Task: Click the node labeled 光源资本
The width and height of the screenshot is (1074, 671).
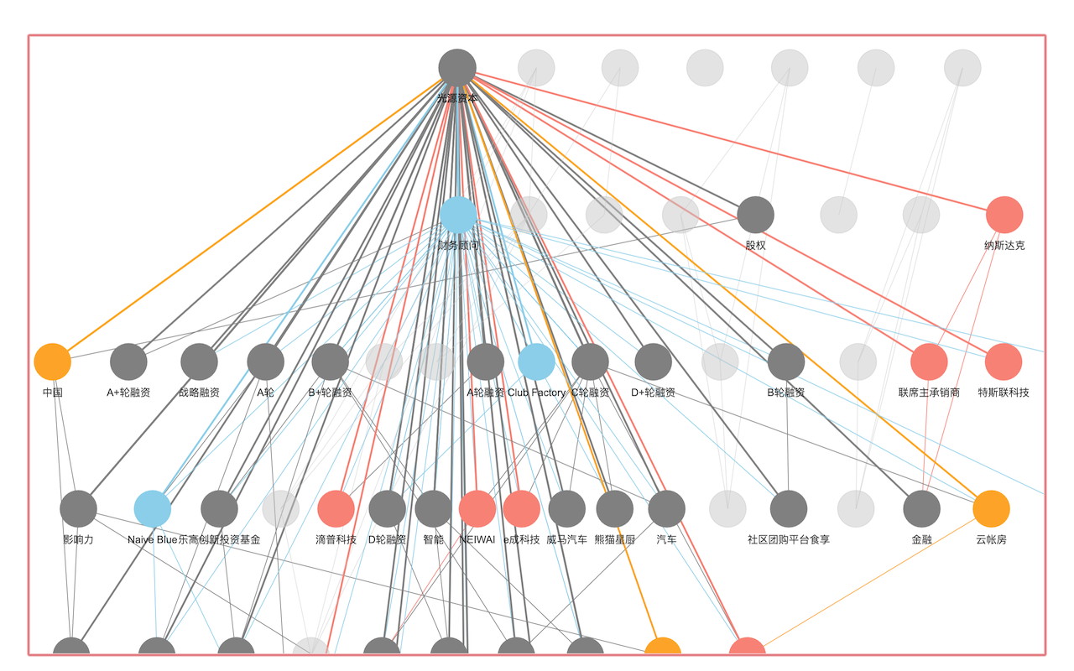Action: [x=457, y=68]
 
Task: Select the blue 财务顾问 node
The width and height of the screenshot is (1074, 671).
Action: [x=458, y=215]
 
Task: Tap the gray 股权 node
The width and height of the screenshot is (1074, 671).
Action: [x=755, y=215]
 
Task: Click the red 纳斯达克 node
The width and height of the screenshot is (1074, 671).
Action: [x=1004, y=215]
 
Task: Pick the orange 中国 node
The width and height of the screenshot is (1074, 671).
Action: [x=53, y=362]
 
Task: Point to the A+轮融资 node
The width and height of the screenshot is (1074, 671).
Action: [x=128, y=362]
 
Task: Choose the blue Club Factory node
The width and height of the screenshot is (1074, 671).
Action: [x=536, y=362]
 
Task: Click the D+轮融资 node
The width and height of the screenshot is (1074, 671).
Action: [x=653, y=362]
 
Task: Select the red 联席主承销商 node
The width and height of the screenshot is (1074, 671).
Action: [x=929, y=362]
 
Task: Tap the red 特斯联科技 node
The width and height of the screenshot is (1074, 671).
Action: [x=1004, y=362]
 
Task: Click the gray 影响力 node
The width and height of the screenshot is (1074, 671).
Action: [x=79, y=508]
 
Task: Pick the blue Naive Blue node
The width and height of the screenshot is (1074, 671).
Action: [x=153, y=508]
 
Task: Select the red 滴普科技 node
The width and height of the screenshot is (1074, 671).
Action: [x=336, y=508]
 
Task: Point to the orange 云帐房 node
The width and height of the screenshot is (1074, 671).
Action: [x=991, y=508]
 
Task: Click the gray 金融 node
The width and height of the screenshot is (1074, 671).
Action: [x=921, y=508]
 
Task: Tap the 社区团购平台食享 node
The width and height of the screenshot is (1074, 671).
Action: [x=789, y=508]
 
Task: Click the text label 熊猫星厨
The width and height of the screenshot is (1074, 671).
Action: [x=614, y=539]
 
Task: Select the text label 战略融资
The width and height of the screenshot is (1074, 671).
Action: [x=199, y=393]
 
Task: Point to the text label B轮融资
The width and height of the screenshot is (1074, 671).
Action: [x=786, y=393]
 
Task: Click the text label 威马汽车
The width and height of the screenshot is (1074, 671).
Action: [x=566, y=539]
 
